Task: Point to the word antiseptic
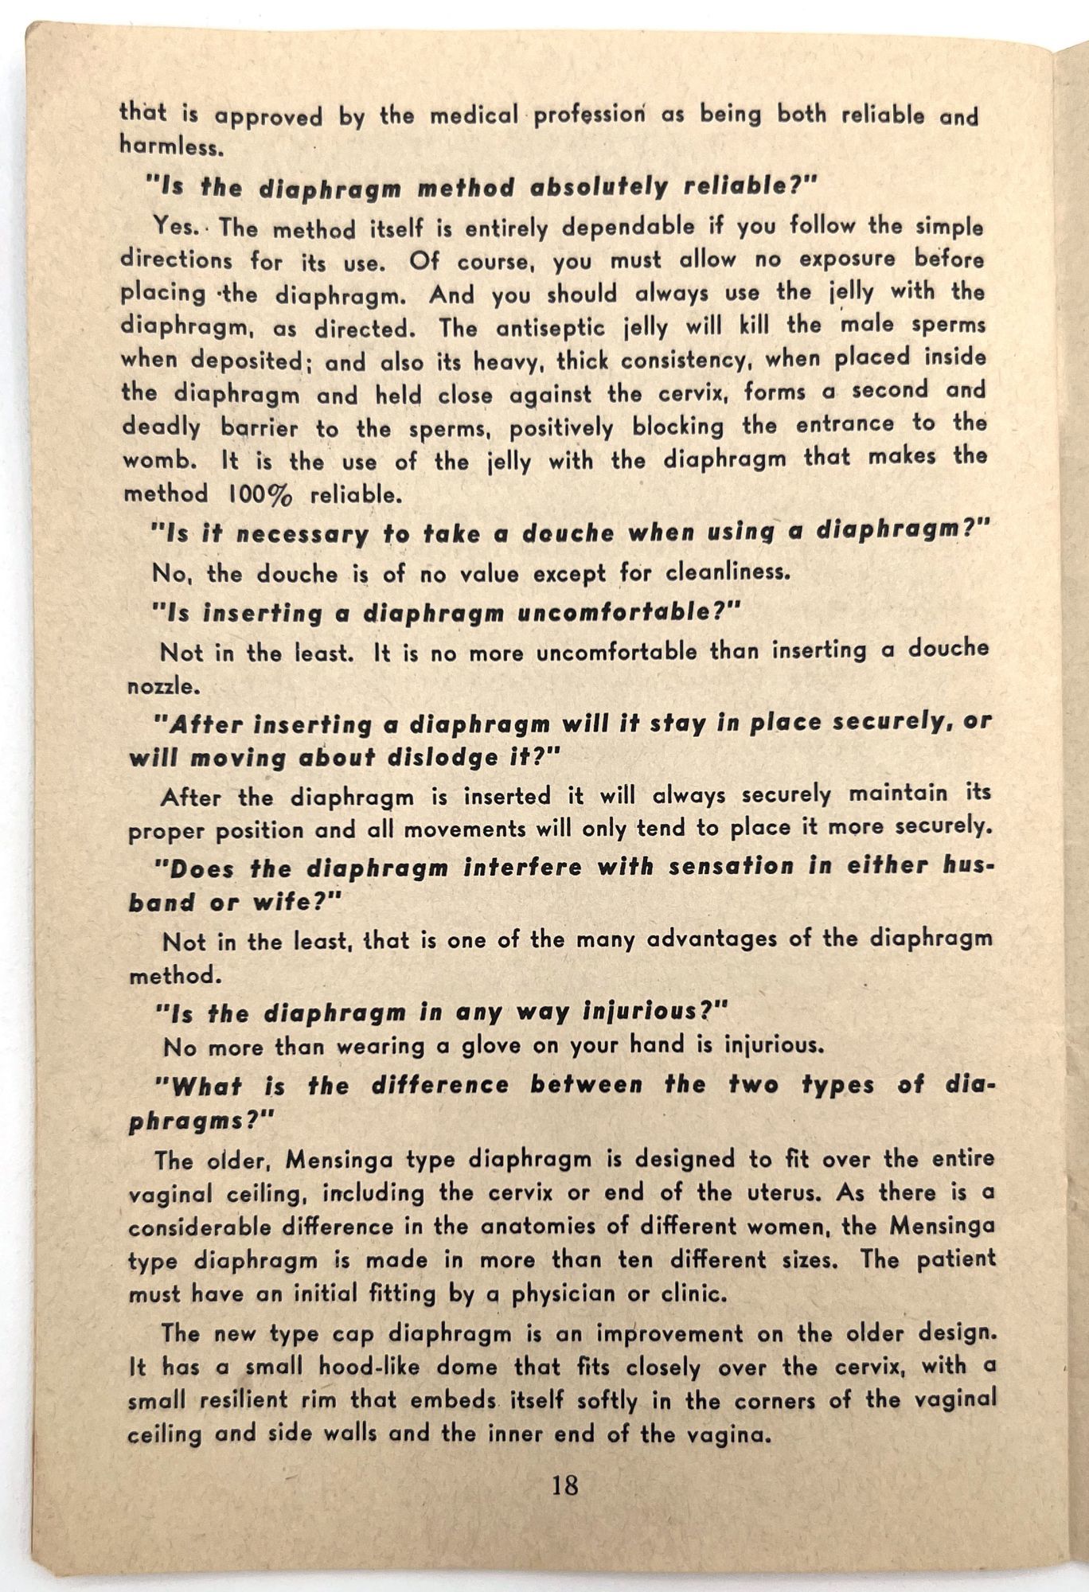click(541, 327)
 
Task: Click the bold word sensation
click(731, 866)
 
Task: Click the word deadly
click(161, 427)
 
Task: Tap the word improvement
click(659, 1333)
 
